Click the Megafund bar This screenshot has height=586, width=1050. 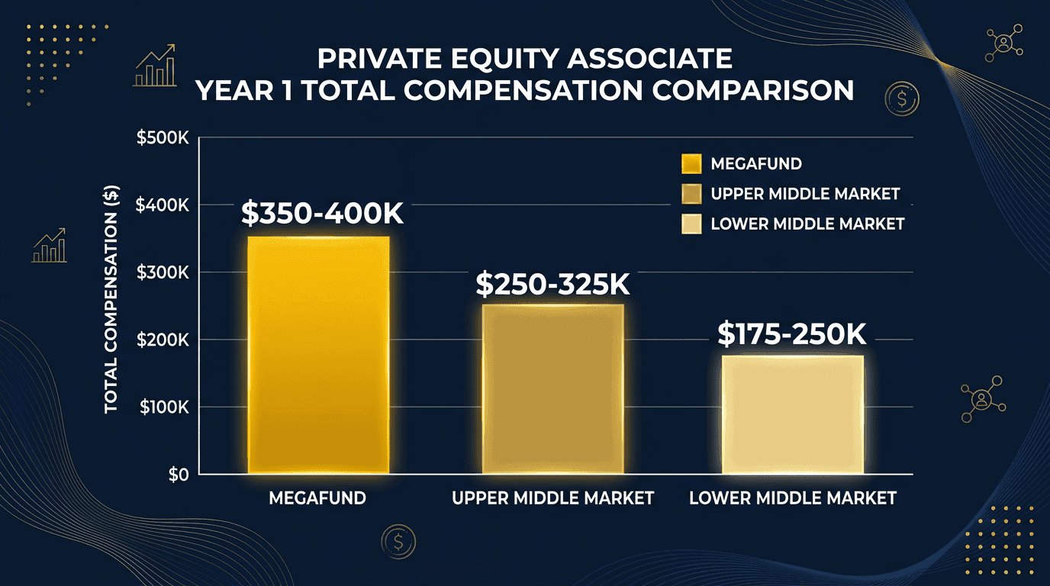(x=319, y=355)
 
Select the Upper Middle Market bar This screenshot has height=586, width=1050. (x=553, y=389)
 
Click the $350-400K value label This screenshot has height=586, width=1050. (x=321, y=214)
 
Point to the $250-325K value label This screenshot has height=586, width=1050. (x=553, y=284)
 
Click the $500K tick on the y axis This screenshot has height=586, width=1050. (x=162, y=139)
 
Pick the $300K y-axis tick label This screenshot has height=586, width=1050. (x=162, y=272)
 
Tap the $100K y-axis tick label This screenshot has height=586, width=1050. (x=162, y=407)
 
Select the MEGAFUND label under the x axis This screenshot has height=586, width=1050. (x=317, y=498)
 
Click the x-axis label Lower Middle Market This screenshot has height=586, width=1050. (x=792, y=498)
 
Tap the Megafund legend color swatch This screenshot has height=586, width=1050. (x=691, y=164)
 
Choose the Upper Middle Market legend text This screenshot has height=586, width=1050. (x=805, y=194)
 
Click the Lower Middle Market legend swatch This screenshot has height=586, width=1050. (x=691, y=224)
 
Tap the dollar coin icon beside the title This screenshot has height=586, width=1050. (x=902, y=98)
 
